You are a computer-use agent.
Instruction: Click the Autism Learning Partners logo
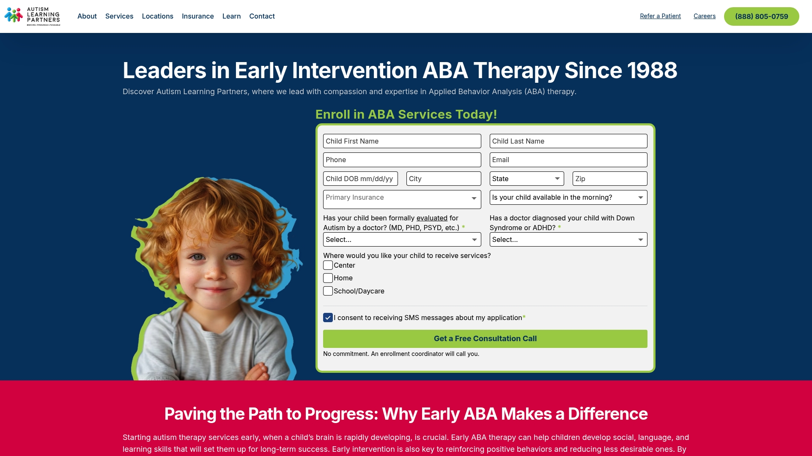tap(33, 16)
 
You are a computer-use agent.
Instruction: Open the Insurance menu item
tap(198, 16)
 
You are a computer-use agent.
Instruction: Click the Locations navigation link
tap(157, 16)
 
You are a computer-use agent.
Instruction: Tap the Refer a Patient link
tap(660, 16)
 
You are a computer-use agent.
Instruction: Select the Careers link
tap(705, 16)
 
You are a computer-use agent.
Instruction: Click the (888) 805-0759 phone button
tap(761, 16)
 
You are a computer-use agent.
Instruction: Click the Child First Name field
tap(402, 141)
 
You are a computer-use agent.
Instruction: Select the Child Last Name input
tap(568, 141)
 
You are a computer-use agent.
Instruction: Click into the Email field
tap(568, 160)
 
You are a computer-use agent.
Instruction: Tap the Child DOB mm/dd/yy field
tap(360, 179)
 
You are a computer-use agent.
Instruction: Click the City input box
tap(444, 179)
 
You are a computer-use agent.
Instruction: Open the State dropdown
tap(527, 179)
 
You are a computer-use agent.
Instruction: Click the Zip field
tap(610, 179)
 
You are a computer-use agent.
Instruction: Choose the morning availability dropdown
tap(568, 197)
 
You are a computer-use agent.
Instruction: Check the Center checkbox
tap(328, 265)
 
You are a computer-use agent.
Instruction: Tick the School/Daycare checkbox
tap(328, 291)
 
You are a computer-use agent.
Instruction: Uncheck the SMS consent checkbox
tap(328, 318)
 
